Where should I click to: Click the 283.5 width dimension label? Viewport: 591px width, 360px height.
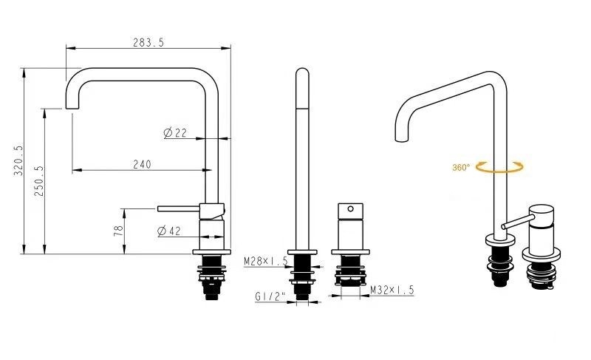tap(148, 43)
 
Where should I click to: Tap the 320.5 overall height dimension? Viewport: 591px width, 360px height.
tap(18, 160)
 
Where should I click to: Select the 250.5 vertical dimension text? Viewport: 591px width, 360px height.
tap(39, 181)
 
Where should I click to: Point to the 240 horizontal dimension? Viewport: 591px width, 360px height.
tap(142, 164)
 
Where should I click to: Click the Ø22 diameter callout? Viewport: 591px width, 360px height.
tap(175, 133)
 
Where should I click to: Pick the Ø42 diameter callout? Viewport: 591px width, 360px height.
tap(169, 231)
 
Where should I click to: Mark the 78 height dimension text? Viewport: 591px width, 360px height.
tap(118, 231)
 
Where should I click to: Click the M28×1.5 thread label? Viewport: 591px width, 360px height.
tap(266, 261)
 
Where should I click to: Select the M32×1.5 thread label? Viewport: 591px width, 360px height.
tap(392, 290)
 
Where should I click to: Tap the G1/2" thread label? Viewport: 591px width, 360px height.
tap(270, 296)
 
